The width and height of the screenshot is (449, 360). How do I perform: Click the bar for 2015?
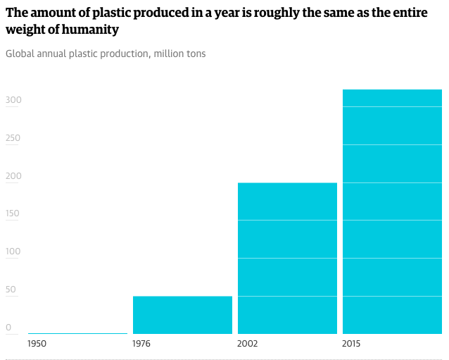pos(391,211)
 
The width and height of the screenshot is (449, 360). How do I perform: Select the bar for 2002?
pos(287,258)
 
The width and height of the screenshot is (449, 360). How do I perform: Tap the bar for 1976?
pos(182,315)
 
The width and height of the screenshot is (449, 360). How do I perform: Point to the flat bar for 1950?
pos(77,333)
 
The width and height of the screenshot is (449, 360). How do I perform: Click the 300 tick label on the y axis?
pos(13,100)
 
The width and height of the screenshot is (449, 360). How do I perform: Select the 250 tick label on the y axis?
pos(13,138)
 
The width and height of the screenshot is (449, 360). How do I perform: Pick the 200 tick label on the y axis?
pos(13,176)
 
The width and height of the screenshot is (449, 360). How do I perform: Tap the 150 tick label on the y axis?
pos(13,214)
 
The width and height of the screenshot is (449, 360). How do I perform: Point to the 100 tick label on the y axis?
pos(13,252)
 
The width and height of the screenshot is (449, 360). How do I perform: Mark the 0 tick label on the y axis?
pos(8,328)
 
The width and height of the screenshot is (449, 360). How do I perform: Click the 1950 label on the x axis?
pos(38,344)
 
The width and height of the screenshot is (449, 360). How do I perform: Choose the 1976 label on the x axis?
pos(141,344)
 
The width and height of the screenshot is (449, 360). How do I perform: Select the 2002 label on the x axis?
pos(247,344)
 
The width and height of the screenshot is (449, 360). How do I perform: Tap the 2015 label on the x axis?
pos(352,344)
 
